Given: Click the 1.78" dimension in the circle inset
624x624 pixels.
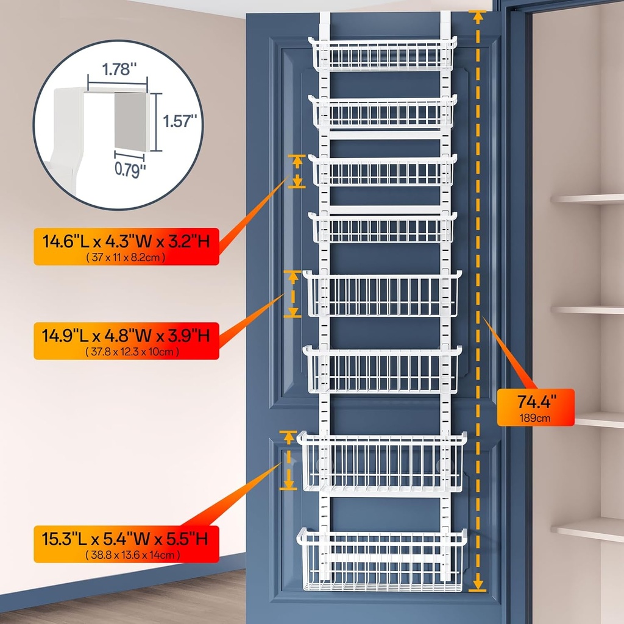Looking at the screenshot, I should click(116, 69).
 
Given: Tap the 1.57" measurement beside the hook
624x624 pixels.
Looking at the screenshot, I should click(181, 121).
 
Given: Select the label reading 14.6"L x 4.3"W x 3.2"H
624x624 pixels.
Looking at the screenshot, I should click(126, 243).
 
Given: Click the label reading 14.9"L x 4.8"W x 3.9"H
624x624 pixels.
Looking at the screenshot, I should click(126, 335).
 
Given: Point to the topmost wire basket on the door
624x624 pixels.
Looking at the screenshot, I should click(382, 55).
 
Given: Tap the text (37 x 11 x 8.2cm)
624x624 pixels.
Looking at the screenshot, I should click(126, 258).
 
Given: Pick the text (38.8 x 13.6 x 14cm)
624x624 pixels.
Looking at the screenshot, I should click(126, 555).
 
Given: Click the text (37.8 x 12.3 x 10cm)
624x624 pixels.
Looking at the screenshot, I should click(126, 352).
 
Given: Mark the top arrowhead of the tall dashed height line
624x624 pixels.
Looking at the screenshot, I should click(478, 16).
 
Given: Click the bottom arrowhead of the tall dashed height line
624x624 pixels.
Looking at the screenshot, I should click(478, 585).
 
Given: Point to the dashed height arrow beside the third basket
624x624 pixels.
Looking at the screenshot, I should click(297, 171).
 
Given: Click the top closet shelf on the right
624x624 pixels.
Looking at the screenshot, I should click(587, 199).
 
